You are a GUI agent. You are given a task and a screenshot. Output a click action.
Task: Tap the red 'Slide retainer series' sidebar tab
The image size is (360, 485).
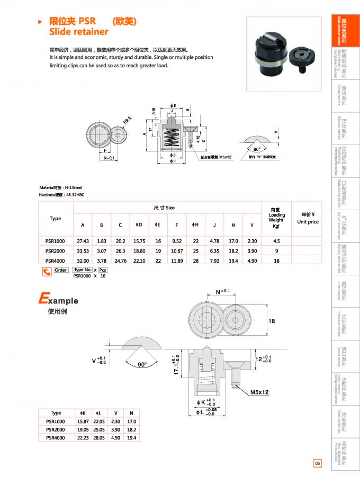point(341,31)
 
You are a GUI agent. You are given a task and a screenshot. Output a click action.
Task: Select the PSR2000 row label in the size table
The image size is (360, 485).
point(56,250)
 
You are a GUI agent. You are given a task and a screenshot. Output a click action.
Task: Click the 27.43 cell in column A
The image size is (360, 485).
point(83,240)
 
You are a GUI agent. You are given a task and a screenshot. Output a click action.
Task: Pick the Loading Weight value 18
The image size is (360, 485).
point(276,261)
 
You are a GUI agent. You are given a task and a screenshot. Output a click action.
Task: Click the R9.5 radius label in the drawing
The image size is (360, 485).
point(127,121)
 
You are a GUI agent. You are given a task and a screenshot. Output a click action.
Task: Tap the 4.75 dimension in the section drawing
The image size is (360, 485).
point(197,140)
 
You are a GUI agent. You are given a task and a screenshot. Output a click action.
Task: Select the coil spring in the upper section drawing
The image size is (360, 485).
point(169,138)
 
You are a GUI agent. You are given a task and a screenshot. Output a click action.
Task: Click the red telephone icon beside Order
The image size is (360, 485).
point(47,272)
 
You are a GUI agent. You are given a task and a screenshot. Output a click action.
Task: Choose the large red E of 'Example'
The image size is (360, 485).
point(43,299)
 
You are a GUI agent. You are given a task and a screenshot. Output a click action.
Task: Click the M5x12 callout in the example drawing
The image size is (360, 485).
point(259,392)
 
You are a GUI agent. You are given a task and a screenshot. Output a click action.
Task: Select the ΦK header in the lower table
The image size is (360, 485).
point(83,413)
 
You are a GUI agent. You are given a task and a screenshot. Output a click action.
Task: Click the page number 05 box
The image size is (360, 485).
point(317,463)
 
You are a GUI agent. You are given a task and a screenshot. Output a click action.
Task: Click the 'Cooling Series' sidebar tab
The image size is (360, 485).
point(341,421)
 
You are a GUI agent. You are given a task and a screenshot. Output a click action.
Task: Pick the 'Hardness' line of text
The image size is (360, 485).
point(62,195)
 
